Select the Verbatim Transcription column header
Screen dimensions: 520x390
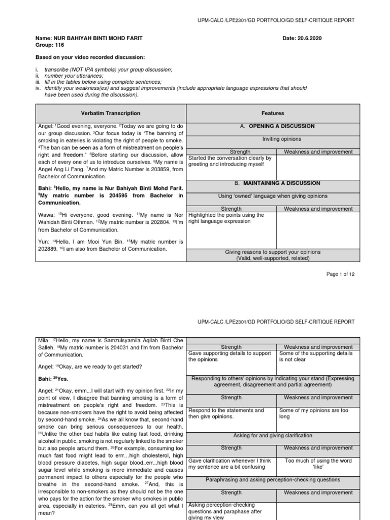[x=110, y=113]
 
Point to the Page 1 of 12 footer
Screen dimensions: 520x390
[x=340, y=274]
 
